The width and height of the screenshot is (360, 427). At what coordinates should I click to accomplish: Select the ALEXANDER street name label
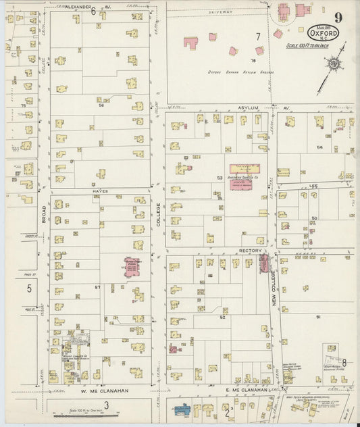coord(78,5)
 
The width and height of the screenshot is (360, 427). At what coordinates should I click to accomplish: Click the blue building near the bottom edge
coord(181,410)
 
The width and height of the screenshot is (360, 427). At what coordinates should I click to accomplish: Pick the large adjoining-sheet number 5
coord(29,288)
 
